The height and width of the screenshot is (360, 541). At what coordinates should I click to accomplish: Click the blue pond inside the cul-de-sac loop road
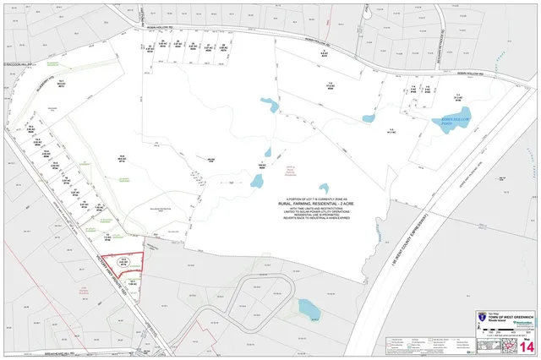[310, 311]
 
